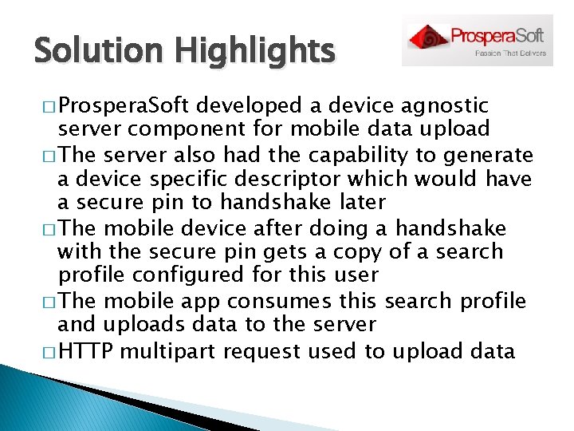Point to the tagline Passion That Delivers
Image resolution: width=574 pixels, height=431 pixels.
click(511, 54)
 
